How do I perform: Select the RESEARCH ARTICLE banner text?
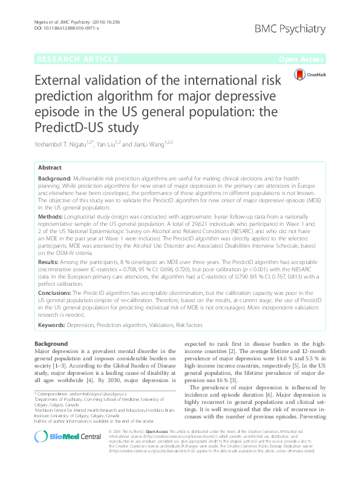[x=77, y=59]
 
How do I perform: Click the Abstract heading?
[x=50, y=167]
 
